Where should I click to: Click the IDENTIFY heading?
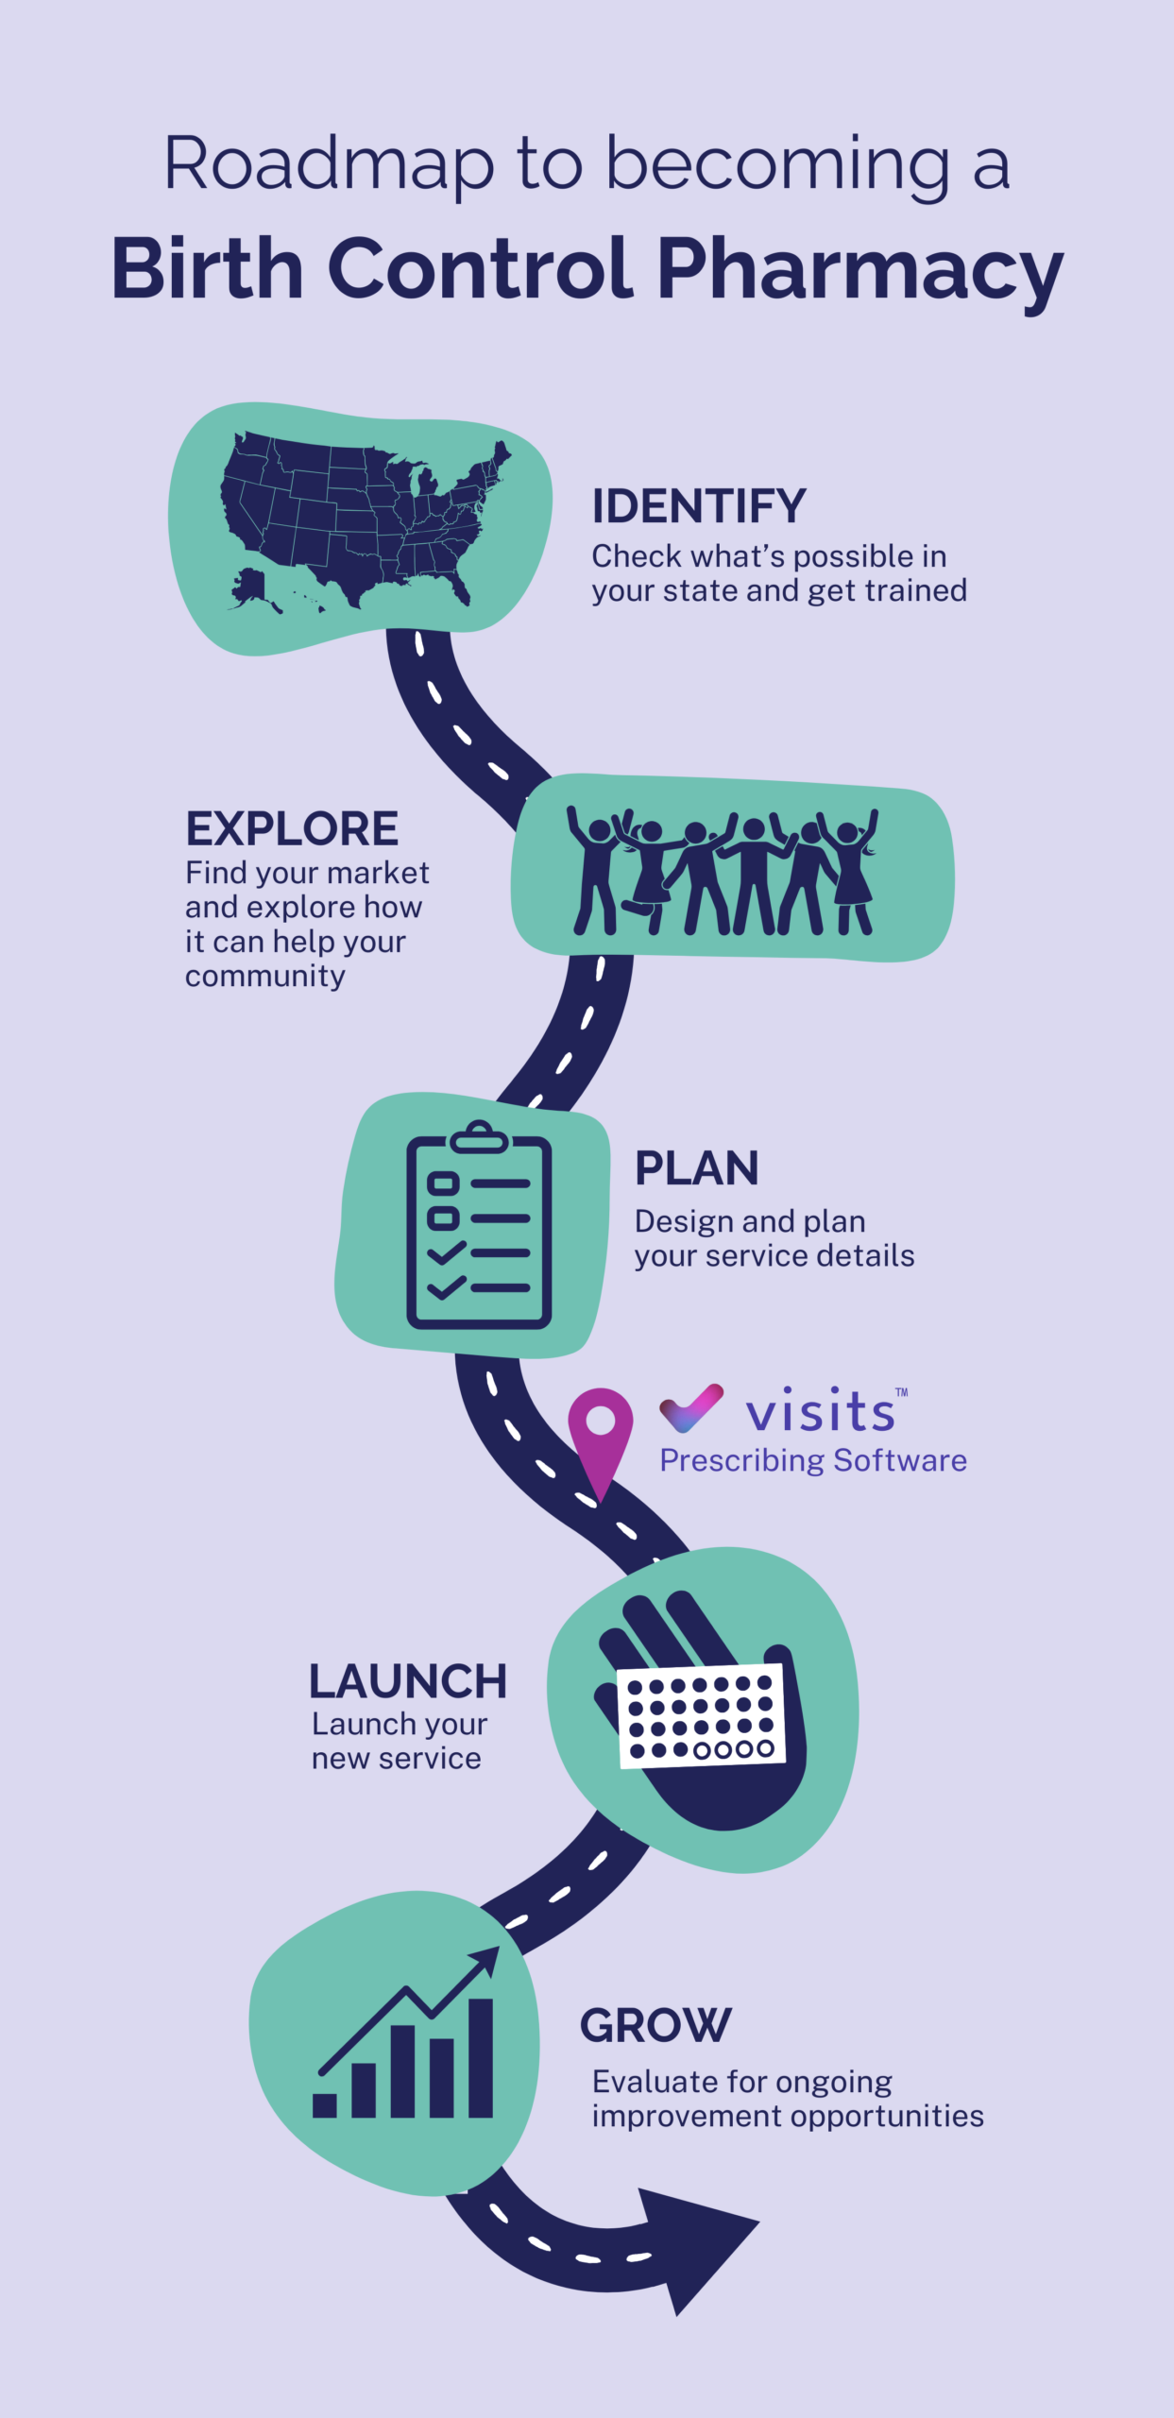699,506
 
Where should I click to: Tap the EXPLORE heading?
292,828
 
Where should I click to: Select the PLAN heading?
696,1168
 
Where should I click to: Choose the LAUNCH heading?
408,1681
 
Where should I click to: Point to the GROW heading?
655,2024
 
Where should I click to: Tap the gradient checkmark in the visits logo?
691,1407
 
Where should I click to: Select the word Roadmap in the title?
329,164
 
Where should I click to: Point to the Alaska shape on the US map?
249,587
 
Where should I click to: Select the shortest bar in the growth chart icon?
325,2104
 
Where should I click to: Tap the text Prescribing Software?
813,1460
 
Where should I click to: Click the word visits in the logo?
820,1411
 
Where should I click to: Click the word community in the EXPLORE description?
265,976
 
